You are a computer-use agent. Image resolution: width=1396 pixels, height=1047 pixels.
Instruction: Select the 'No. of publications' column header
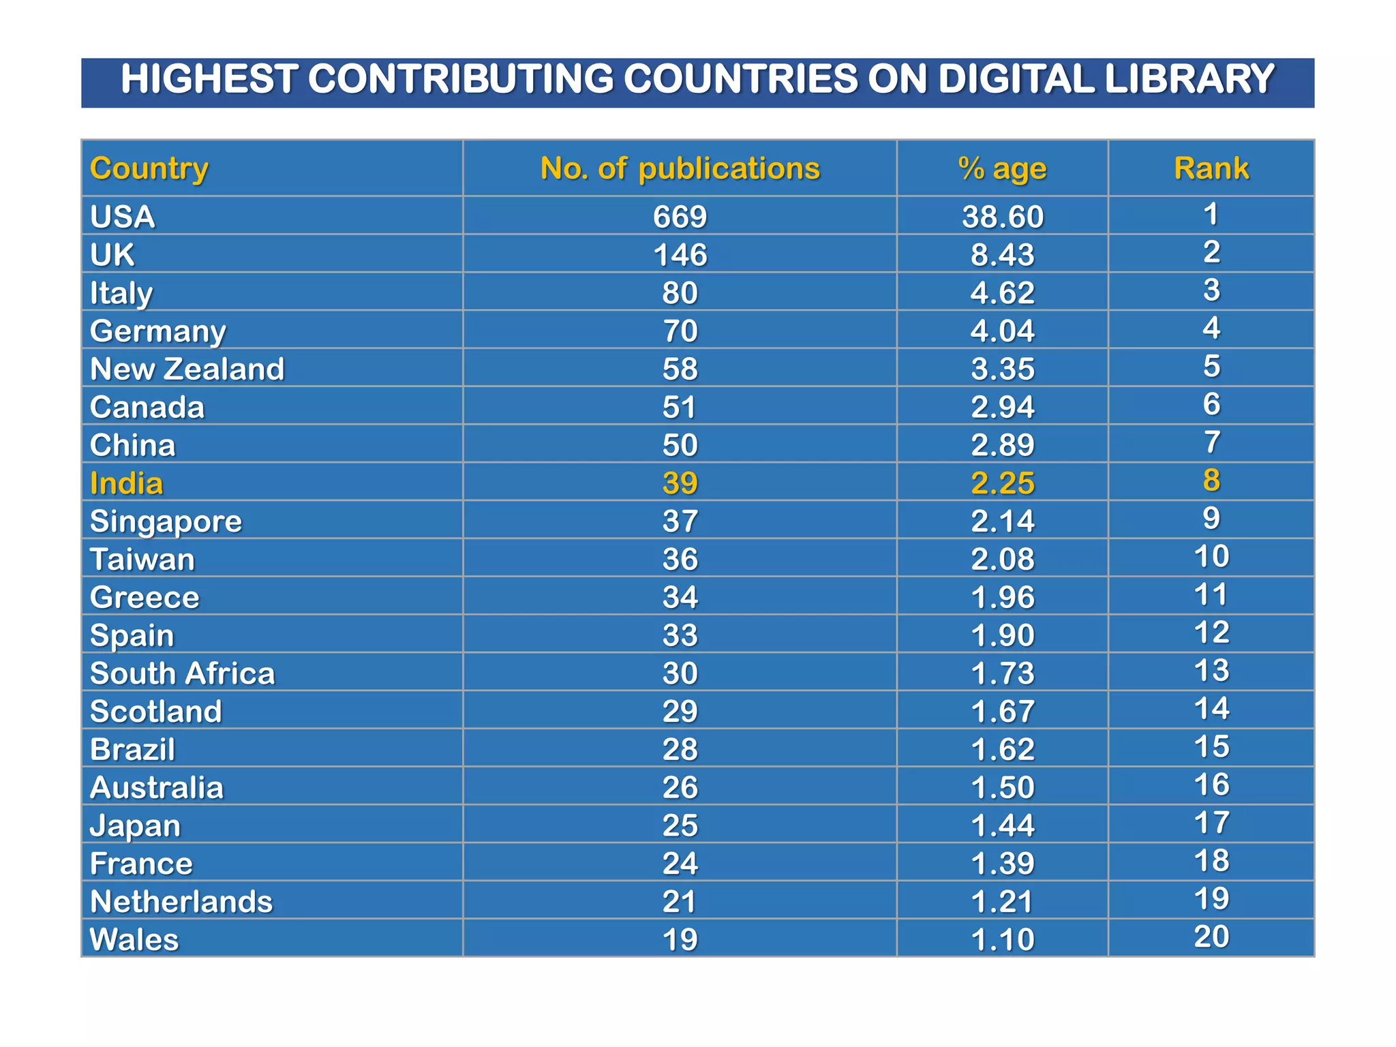click(680, 168)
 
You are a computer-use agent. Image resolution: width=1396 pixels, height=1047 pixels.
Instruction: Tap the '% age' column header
click(1002, 168)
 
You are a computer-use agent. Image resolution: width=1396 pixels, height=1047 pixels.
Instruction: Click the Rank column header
click(1211, 168)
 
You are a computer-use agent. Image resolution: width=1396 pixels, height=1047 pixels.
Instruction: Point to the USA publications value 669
click(680, 217)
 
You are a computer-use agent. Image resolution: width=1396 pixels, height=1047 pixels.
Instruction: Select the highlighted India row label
click(127, 483)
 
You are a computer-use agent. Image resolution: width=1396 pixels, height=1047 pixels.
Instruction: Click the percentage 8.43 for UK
click(1002, 255)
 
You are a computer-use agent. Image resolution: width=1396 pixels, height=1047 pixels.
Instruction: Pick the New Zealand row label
click(187, 369)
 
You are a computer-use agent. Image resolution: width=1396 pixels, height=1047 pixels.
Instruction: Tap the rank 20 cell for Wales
click(1211, 937)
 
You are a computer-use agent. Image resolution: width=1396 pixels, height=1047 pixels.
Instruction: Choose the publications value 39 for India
click(680, 483)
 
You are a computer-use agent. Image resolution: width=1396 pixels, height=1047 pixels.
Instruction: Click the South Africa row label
click(182, 673)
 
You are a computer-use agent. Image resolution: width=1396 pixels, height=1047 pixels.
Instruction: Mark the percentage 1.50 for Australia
click(1002, 787)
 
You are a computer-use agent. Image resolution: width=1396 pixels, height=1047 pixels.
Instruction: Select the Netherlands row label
click(181, 902)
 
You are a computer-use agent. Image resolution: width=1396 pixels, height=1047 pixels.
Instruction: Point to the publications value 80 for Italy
click(680, 293)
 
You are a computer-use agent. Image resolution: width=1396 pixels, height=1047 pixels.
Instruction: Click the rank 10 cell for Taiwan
click(1211, 556)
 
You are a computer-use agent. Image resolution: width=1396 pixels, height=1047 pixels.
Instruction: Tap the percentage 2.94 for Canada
click(1002, 407)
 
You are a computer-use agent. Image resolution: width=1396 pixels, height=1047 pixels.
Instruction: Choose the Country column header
click(149, 168)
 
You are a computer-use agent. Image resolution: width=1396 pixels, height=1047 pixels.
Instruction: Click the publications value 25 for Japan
click(680, 825)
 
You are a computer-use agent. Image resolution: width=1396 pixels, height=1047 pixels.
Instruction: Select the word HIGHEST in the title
click(208, 79)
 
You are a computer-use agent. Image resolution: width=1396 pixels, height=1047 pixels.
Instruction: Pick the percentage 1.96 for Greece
click(1002, 597)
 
